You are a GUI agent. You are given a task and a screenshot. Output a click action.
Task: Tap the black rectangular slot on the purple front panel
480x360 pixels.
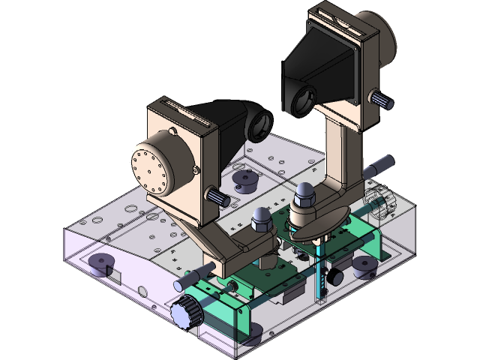coord(112,275)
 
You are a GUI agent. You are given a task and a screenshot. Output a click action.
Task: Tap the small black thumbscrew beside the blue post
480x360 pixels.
coord(333,277)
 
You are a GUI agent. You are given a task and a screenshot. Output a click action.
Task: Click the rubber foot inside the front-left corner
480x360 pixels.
coord(99,263)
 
